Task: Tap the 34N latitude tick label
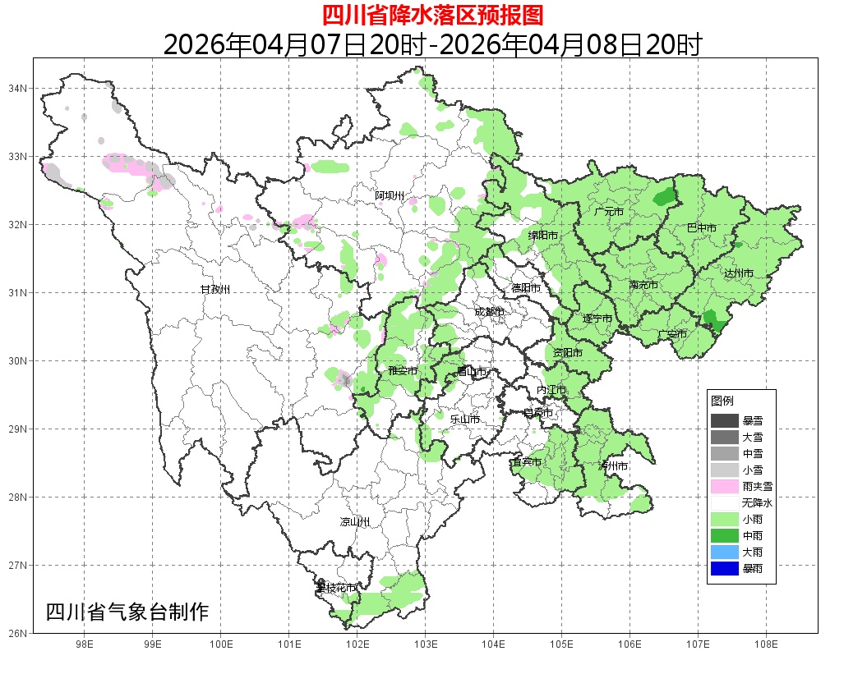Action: (18, 88)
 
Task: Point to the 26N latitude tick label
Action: (18, 633)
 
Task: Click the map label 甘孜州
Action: (215, 290)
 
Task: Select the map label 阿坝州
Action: (390, 195)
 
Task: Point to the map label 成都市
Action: (489, 312)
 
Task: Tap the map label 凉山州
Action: (355, 522)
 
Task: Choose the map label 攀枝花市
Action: (336, 588)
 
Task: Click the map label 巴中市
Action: (701, 228)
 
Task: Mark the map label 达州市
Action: (738, 273)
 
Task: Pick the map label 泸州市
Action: (613, 465)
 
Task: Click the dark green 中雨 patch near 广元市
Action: (664, 197)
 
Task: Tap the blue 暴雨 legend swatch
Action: (725, 568)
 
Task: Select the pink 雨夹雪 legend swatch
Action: (725, 486)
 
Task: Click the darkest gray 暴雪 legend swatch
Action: (725, 420)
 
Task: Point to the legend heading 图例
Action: (722, 401)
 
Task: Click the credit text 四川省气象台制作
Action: (127, 612)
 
